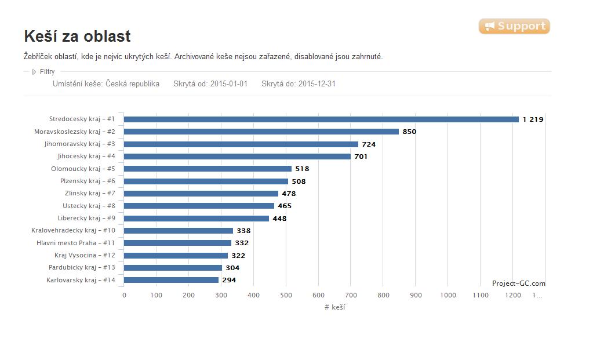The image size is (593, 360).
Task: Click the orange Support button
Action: click(514, 26)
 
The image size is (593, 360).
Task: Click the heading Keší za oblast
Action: click(77, 37)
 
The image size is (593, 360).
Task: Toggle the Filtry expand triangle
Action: click(34, 72)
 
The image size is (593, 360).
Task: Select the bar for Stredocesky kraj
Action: click(321, 119)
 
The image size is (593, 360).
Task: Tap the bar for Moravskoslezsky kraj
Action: click(261, 132)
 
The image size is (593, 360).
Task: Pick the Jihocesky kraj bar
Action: click(237, 157)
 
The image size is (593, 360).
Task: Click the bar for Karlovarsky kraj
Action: click(172, 280)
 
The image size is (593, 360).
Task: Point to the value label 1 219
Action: click(533, 119)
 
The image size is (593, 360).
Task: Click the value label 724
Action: click(369, 144)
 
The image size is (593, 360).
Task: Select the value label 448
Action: click(280, 219)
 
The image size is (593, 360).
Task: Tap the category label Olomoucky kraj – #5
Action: click(83, 169)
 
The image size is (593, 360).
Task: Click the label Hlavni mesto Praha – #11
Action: click(75, 243)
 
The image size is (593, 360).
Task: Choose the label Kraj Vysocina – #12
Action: click(85, 255)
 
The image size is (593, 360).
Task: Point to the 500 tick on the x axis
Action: click(286, 295)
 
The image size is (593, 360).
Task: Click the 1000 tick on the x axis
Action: click(448, 295)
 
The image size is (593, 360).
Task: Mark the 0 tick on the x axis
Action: click(124, 295)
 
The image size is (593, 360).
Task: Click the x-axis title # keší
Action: click(334, 307)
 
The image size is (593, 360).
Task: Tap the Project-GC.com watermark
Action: click(519, 283)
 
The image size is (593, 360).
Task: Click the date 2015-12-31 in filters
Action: click(317, 84)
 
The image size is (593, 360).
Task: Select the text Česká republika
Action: click(132, 84)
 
